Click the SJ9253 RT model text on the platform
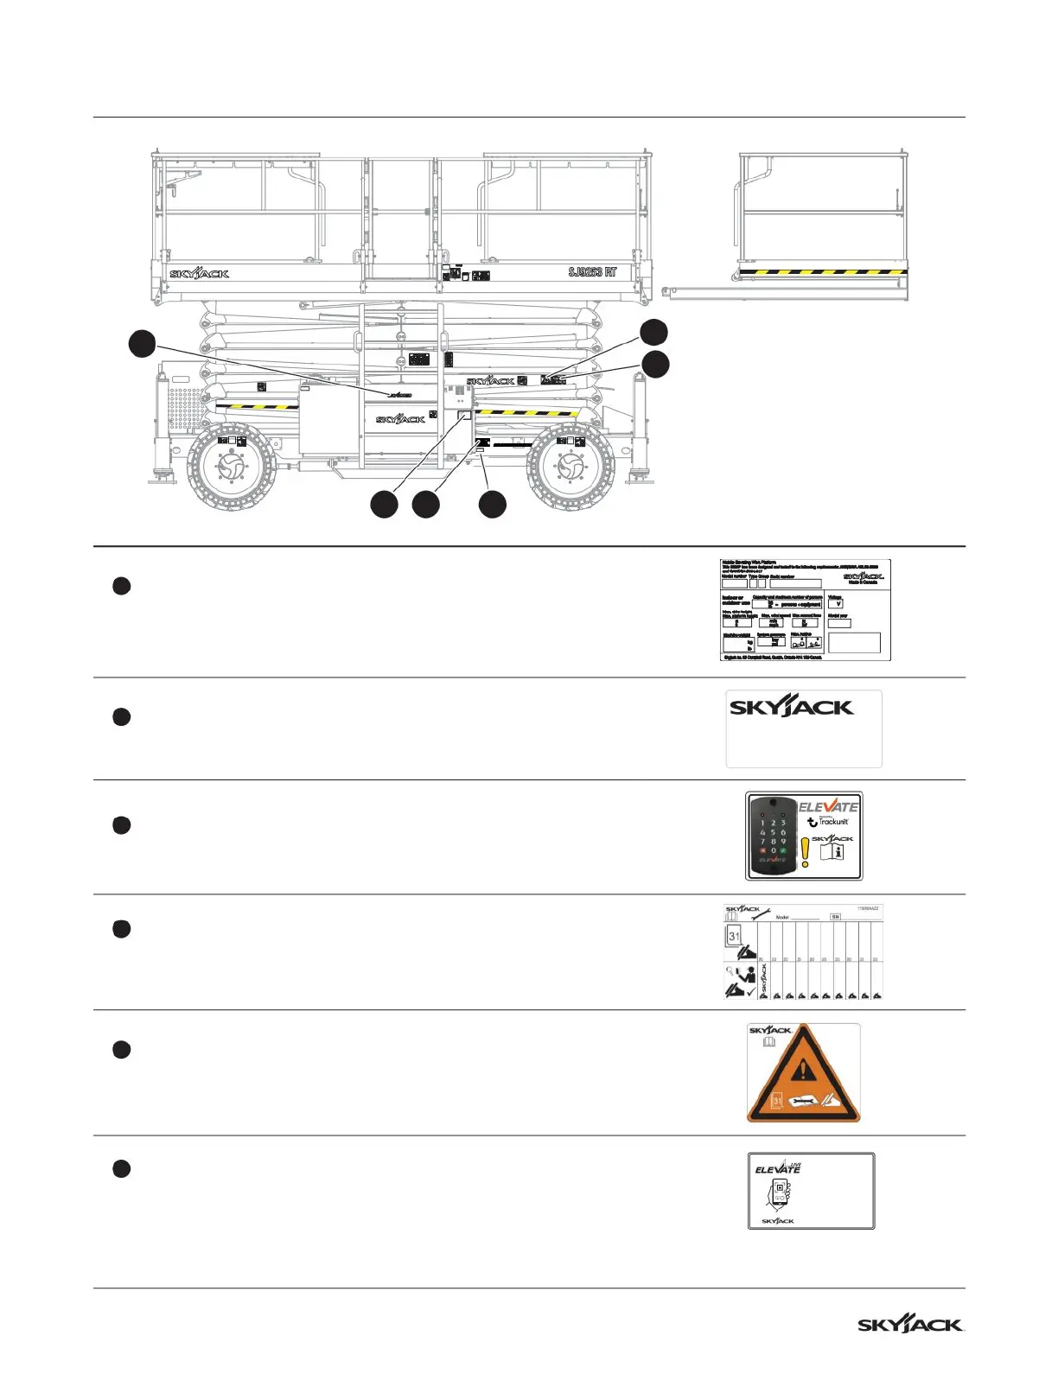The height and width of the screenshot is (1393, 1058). coord(593,272)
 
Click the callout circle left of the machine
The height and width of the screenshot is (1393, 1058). coord(142,343)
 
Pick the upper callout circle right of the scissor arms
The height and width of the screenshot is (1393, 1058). coord(653,332)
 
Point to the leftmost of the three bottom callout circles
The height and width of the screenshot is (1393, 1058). coord(385,504)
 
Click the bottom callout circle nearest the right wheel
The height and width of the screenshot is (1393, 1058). coord(493,504)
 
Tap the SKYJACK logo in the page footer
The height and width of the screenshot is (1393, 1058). coord(910,1325)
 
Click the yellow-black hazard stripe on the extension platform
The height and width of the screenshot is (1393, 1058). coord(823,272)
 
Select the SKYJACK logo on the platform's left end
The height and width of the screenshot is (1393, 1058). coord(200,274)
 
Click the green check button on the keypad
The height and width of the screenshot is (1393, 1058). coord(783,850)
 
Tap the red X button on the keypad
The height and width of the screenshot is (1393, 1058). coord(762,850)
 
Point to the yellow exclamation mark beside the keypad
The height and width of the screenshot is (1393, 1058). coord(805,850)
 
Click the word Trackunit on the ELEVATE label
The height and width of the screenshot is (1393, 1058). coord(833,822)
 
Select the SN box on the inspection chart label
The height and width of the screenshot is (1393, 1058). coord(835,917)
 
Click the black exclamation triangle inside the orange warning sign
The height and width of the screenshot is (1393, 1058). coord(804,1072)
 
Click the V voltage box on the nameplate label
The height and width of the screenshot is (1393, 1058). coord(835,604)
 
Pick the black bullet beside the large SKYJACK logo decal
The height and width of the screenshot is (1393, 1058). coord(122,716)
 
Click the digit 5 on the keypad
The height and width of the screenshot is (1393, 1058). coord(773,832)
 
